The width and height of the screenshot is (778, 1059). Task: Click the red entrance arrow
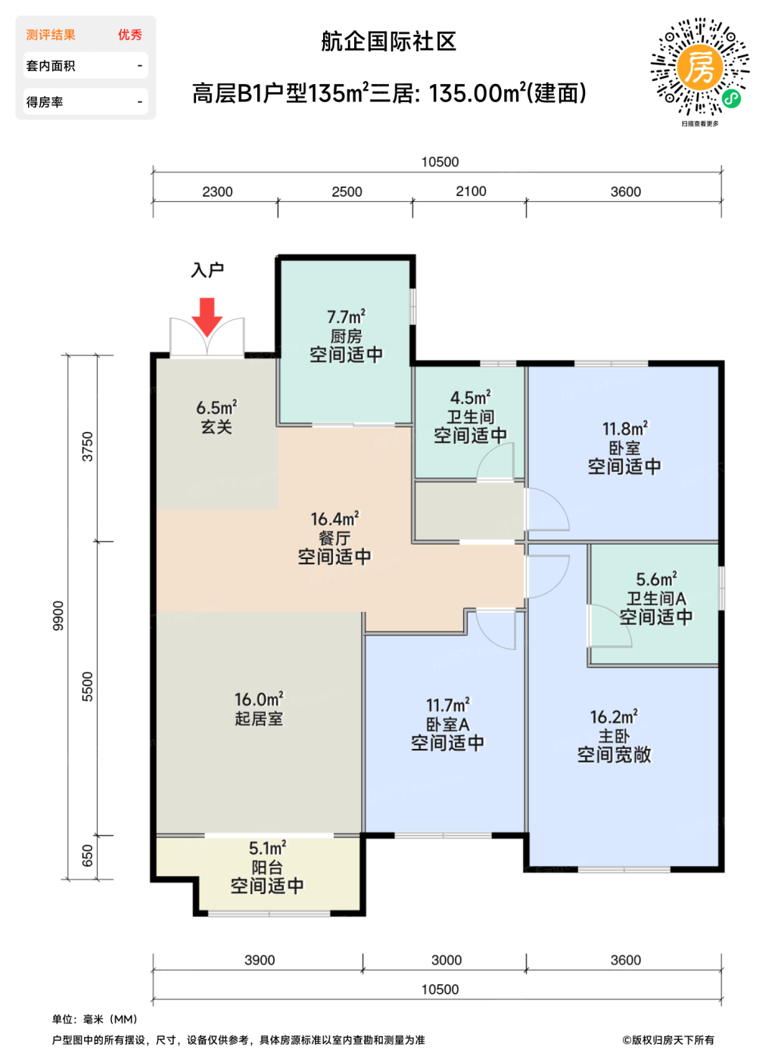(207, 316)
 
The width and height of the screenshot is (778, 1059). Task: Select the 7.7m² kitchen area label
(346, 316)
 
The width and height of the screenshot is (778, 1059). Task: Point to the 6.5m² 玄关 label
(216, 417)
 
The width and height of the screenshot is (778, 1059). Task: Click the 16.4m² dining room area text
(335, 519)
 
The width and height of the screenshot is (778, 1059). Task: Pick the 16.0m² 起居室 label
(259, 709)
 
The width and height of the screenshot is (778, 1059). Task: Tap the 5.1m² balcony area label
(268, 848)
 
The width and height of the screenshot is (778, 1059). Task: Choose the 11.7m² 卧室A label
(448, 714)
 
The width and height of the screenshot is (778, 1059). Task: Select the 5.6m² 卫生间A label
(656, 589)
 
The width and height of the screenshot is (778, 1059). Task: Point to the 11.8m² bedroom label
(625, 438)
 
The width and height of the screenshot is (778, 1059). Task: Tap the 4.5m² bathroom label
(471, 407)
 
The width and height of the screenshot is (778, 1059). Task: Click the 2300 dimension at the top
(217, 191)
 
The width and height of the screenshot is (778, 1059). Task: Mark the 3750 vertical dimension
(88, 446)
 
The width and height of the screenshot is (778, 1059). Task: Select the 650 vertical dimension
(88, 856)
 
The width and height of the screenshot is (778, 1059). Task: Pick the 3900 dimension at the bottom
(260, 960)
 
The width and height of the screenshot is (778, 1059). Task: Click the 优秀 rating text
(130, 35)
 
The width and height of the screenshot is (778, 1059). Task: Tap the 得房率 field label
(45, 101)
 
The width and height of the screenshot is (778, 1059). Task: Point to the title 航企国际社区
(389, 42)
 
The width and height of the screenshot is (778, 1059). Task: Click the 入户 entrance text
(207, 270)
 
